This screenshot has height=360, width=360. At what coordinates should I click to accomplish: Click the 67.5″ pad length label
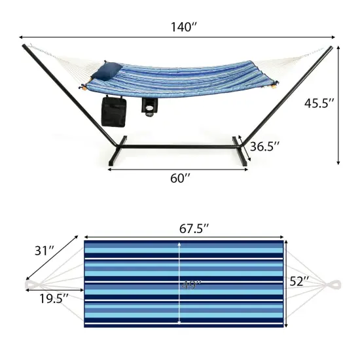(x=194, y=228)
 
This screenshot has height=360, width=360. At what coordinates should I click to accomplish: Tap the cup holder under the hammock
(x=150, y=107)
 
